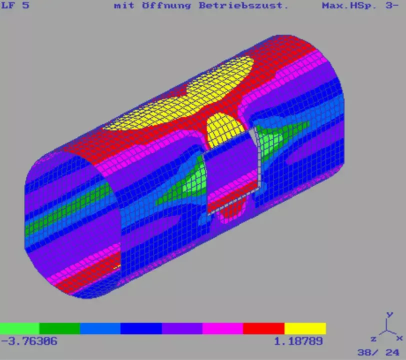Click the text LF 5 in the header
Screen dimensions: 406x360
pos(15,5)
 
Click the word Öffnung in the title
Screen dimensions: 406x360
pos(166,5)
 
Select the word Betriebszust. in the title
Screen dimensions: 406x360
pos(243,5)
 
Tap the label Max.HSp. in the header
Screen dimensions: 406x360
pos(349,5)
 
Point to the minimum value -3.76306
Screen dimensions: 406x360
pos(29,341)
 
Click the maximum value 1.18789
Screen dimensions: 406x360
pos(298,341)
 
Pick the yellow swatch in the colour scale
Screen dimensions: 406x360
pos(305,328)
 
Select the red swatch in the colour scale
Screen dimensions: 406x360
pos(264,328)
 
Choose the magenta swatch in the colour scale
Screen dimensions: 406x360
pos(222,328)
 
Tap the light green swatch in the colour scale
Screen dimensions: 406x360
pos(19,328)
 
